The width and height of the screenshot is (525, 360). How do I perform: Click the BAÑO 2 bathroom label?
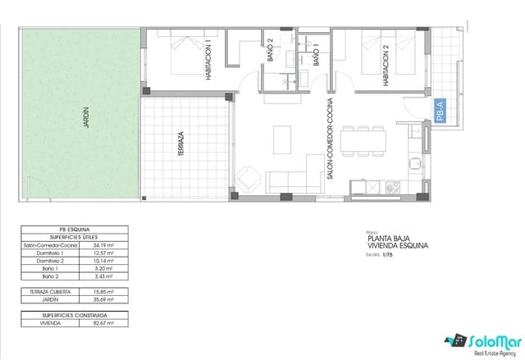270,56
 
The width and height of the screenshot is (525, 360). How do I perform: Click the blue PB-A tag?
440,110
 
